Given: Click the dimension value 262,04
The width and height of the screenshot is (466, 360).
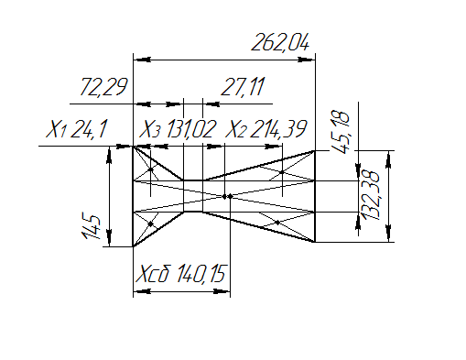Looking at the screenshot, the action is coord(280,43).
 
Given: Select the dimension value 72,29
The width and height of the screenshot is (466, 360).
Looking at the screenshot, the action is coord(103,87).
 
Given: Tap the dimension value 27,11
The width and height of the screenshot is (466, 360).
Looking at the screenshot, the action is coord(243,87).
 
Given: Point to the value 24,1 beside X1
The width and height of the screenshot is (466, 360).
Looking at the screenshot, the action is coord(89,129).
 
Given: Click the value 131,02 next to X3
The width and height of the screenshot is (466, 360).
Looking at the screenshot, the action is coord(191,129).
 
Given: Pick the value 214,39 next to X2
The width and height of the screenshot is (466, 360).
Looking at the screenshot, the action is coord(278,129).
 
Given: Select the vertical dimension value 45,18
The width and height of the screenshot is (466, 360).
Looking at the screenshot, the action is coord(341,132).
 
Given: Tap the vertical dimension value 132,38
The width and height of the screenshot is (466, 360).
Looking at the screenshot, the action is coord(371,195).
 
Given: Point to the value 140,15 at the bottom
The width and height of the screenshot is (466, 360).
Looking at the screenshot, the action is coord(200,274).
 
